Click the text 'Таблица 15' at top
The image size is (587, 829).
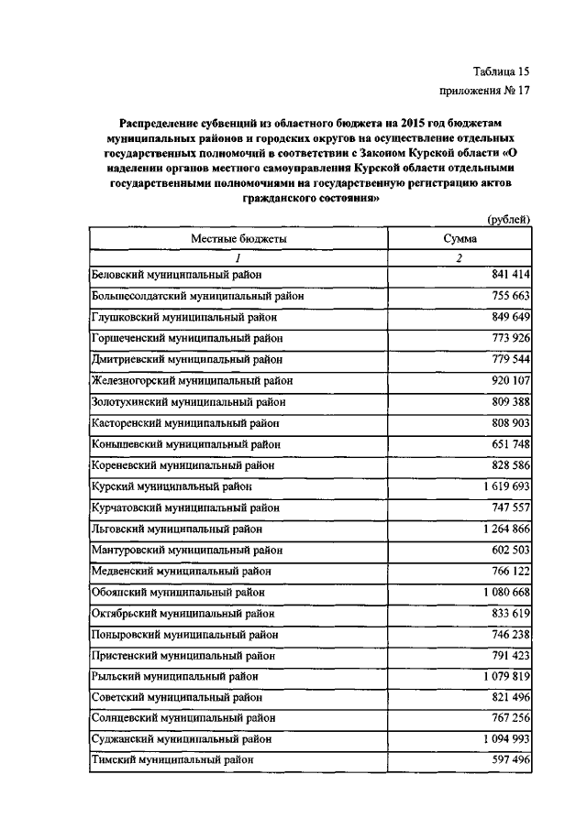click(501, 71)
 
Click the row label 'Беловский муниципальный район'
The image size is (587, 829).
click(177, 275)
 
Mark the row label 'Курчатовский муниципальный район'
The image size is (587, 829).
click(186, 507)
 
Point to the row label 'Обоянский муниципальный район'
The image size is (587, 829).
click(180, 592)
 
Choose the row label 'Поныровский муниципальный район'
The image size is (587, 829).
click(184, 634)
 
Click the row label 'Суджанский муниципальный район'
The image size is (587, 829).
click(183, 739)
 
